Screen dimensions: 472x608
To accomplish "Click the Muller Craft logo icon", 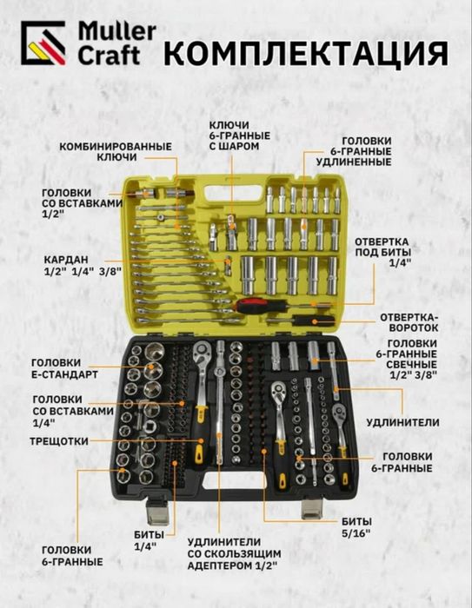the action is tap(43, 43).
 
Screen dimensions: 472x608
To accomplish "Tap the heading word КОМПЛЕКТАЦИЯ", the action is tap(306, 54).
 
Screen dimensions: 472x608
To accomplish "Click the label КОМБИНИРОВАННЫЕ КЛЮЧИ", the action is tap(116, 152).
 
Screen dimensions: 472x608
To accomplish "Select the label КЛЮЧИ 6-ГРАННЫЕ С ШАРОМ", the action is tap(240, 135).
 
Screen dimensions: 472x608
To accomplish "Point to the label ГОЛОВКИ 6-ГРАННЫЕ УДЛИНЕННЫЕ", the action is tap(354, 151).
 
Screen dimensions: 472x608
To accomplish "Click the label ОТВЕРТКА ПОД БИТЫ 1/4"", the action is tap(382, 253).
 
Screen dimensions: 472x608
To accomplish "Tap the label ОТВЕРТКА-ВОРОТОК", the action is tap(409, 322).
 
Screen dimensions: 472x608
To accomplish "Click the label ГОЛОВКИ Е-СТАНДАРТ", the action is tap(64, 369).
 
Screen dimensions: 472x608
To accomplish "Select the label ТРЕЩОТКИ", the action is tap(59, 441).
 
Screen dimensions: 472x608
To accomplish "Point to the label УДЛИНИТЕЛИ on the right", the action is tap(403, 422).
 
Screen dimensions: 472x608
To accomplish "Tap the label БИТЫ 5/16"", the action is tap(356, 527).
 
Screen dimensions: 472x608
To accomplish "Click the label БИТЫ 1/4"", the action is tap(149, 540).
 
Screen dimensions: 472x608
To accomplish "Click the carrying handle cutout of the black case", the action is tap(232, 481).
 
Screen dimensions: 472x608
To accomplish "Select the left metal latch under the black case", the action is tap(158, 511).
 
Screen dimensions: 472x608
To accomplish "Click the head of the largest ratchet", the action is tap(203, 353).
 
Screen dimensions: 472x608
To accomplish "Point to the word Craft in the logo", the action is tap(110, 56).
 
